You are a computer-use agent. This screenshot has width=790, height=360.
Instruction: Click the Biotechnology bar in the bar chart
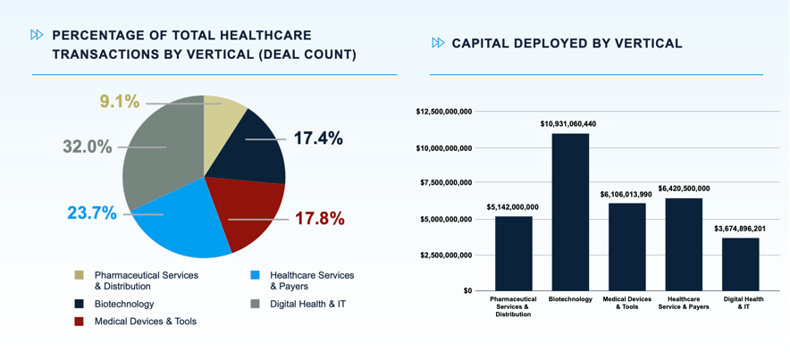(570, 212)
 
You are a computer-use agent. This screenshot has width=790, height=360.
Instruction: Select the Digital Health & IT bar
(740, 264)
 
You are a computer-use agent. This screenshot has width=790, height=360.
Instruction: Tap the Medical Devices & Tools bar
(626, 247)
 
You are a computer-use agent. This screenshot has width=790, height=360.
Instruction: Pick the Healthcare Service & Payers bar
(684, 244)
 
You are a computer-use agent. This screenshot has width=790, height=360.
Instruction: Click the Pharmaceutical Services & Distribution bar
(513, 253)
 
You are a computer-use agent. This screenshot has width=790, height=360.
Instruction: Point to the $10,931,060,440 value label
(568, 123)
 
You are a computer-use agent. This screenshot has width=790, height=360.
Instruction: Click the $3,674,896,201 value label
(740, 228)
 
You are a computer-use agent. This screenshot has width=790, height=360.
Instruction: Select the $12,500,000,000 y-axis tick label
(443, 112)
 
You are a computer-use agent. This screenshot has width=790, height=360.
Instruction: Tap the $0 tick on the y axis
(466, 290)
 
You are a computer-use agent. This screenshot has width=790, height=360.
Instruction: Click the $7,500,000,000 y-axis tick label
(445, 183)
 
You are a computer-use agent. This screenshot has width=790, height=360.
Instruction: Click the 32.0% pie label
(88, 147)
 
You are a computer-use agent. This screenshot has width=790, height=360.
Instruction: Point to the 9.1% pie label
(119, 102)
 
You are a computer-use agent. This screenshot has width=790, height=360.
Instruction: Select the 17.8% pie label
(319, 218)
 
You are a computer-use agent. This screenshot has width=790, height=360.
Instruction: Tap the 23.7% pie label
(92, 213)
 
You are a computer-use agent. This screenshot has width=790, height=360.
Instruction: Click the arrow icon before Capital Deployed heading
(438, 43)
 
